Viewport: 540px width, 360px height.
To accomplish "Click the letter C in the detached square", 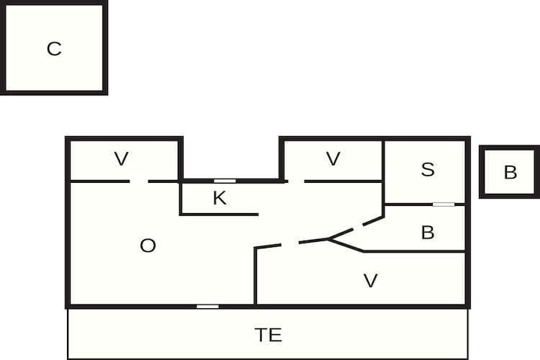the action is coord(54,49).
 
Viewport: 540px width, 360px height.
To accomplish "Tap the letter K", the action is coord(220,198).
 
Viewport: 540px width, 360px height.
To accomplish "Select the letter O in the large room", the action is coord(148,246).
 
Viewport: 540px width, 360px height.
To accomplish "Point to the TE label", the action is coord(269,335).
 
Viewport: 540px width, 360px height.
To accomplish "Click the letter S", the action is coord(428,169).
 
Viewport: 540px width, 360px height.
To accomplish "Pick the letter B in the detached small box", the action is coord(510,172).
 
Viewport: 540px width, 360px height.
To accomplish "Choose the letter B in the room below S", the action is coord(428,232).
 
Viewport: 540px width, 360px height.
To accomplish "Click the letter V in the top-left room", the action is coord(121,159).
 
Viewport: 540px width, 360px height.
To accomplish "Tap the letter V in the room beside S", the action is coord(333,159).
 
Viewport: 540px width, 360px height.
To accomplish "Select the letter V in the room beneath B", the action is coord(371,280).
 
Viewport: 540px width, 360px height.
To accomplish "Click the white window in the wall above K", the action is coord(225,181).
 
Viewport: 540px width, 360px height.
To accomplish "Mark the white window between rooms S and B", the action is coord(444,204).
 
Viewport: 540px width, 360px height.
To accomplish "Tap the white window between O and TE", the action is coord(207,306).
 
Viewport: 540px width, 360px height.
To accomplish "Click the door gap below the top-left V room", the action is coord(139,181).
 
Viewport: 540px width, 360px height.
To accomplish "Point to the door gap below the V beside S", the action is coord(296,181).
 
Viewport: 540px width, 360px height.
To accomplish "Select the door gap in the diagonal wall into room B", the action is coord(358,227).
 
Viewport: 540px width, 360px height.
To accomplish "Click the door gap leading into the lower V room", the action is coord(290,243).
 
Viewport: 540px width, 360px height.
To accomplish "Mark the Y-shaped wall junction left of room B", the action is coord(328,239).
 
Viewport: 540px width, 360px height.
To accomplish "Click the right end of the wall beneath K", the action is coord(258,215).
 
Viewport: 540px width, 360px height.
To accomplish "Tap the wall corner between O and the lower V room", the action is coord(256,248).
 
